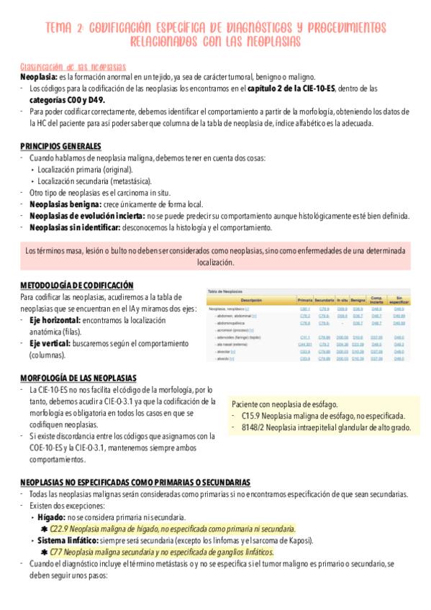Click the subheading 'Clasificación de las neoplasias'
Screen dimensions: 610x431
coord(73,66)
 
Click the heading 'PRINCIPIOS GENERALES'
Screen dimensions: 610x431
coord(60,147)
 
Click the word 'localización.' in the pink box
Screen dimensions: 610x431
coord(215,263)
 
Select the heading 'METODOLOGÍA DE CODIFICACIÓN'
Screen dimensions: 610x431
coord(77,285)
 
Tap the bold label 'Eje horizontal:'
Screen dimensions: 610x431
coord(55,319)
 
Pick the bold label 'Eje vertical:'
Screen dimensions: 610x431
coord(52,343)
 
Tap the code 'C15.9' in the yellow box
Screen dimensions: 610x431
coord(251,416)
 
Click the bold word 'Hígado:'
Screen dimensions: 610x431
coord(54,517)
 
